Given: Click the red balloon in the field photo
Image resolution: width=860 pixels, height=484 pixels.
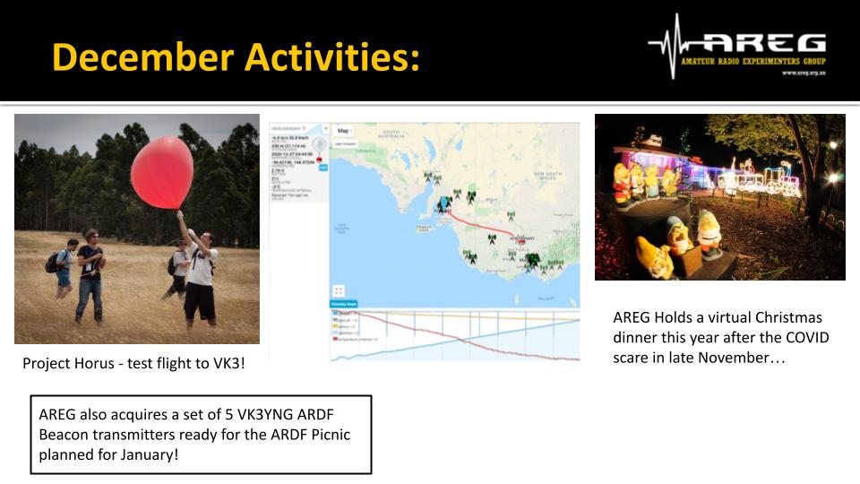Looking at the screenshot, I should point(163,172).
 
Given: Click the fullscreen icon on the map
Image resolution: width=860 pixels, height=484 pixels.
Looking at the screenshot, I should point(339,290).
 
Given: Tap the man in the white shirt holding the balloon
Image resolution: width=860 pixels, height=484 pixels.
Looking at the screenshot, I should point(200,269).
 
